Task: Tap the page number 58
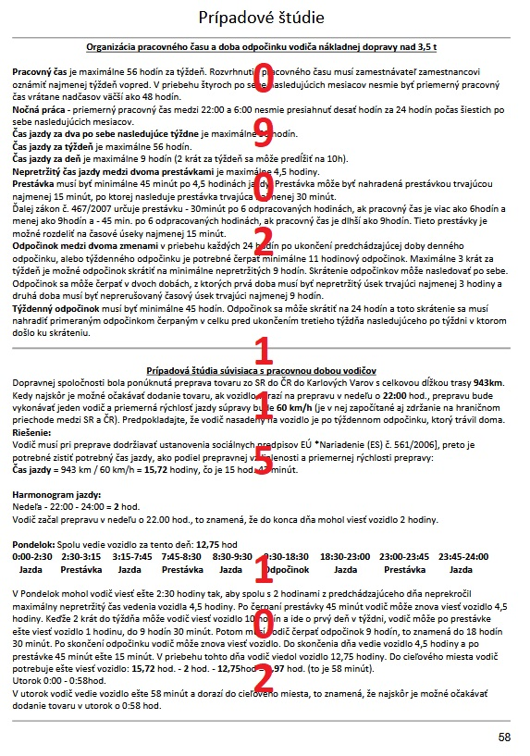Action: click(x=504, y=737)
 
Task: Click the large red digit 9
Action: click(x=262, y=133)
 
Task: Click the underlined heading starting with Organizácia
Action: click(x=262, y=45)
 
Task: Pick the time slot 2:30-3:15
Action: click(x=80, y=558)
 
